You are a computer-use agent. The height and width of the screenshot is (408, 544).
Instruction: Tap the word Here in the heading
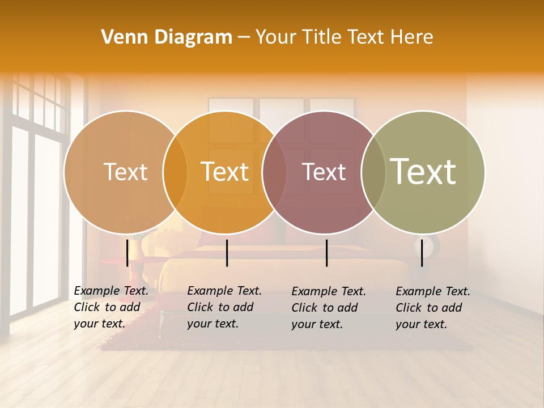(411, 37)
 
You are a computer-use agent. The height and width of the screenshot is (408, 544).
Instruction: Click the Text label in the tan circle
(125, 172)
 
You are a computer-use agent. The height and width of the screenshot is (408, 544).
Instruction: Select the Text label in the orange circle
(225, 172)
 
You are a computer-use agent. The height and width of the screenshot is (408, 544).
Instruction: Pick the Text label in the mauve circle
(324, 172)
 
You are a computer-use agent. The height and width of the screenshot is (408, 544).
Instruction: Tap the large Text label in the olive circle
(423, 172)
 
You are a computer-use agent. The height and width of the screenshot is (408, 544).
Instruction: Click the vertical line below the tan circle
(127, 253)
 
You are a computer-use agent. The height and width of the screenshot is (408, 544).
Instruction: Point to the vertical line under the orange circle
(227, 253)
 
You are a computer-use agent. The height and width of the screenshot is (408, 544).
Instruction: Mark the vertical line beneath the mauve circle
(327, 253)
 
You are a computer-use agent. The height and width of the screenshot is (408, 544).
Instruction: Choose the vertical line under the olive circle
(422, 253)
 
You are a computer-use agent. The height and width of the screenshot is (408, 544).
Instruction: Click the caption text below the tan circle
(110, 307)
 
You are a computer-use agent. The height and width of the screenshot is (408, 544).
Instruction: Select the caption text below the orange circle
(224, 307)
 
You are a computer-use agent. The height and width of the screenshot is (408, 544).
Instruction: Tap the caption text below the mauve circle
(328, 308)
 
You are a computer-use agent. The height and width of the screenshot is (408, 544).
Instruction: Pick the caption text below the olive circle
(432, 308)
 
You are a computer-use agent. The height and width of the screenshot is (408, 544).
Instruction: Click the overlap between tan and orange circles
(175, 172)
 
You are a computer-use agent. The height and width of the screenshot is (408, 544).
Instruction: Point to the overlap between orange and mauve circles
(274, 172)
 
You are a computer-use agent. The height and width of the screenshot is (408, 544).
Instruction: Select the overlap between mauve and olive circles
(373, 172)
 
